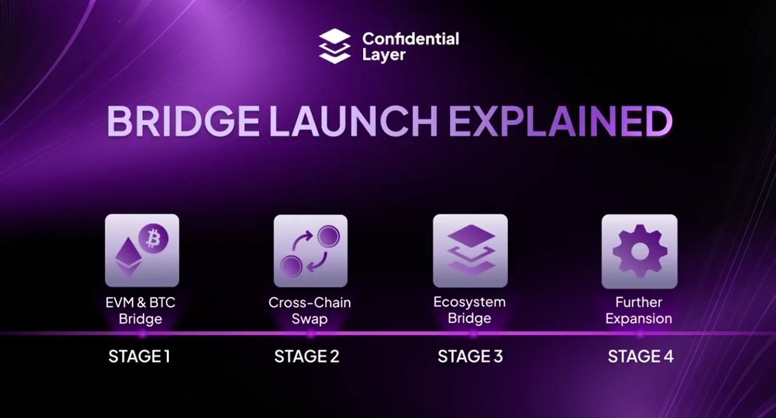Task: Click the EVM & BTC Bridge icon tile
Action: [142, 250]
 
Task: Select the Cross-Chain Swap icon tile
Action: [311, 251]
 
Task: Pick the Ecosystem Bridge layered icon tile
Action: [470, 250]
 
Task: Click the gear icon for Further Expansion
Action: [639, 251]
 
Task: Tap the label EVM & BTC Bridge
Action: [140, 311]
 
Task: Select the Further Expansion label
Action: [639, 311]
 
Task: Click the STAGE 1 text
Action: [139, 356]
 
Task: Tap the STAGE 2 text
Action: [307, 356]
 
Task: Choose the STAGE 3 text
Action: [470, 356]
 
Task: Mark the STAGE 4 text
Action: [640, 356]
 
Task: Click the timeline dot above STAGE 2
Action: [310, 334]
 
